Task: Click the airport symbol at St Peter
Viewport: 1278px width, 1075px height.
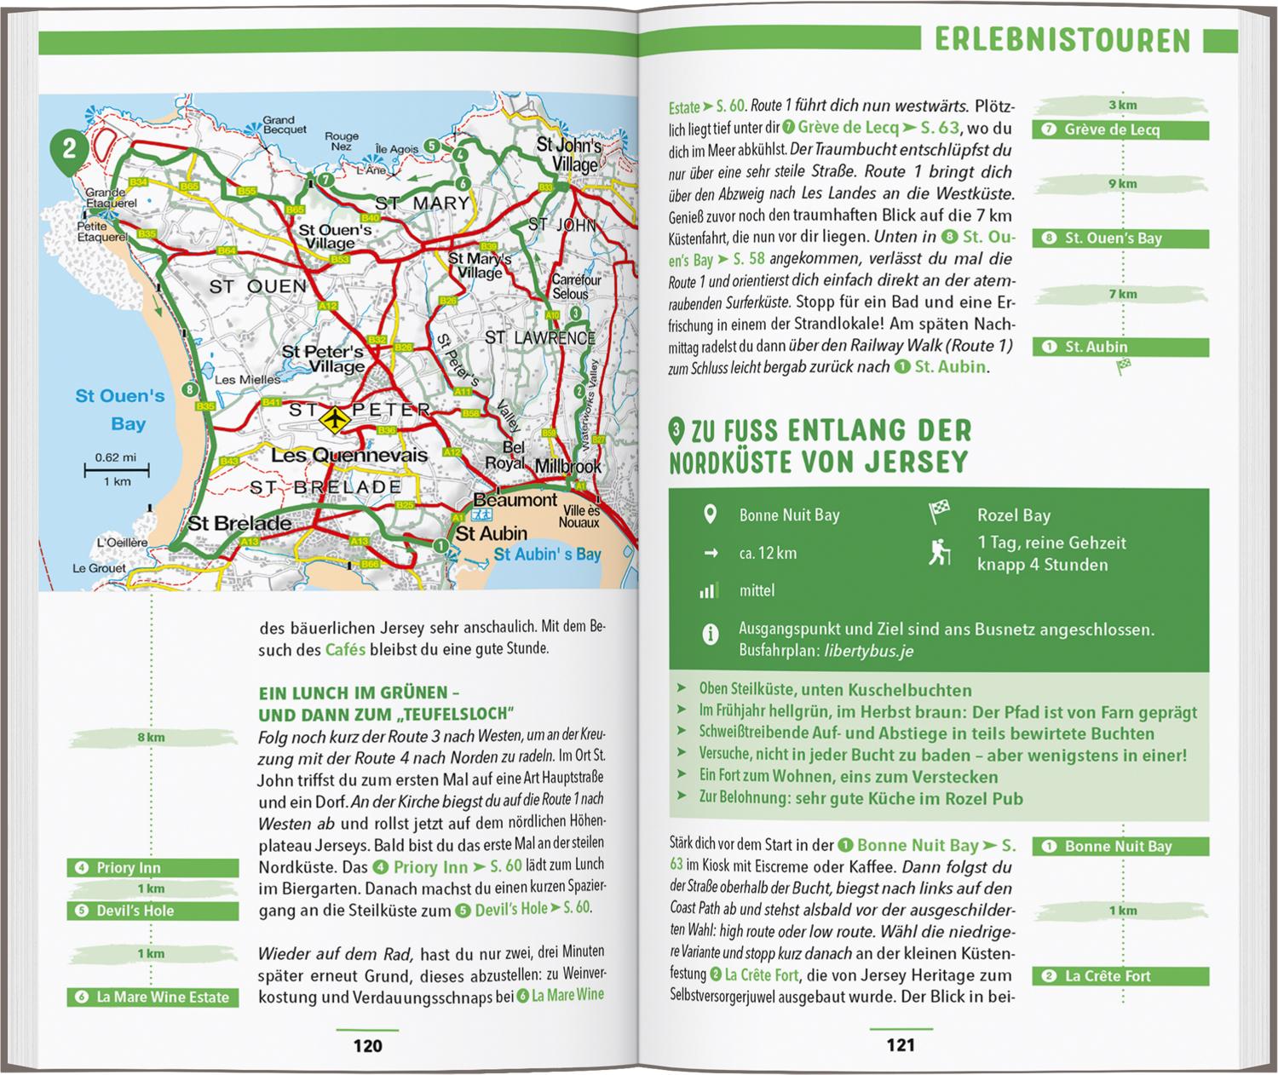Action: [x=334, y=417]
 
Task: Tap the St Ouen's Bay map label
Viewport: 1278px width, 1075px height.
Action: [x=120, y=410]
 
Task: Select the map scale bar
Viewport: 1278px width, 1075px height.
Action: [x=117, y=469]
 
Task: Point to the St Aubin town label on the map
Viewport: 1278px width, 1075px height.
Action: [x=492, y=534]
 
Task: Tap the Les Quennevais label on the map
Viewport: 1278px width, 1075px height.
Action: [x=349, y=456]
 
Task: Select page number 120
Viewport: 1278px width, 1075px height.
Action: [x=367, y=1045]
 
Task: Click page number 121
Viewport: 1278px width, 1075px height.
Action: [x=901, y=1045]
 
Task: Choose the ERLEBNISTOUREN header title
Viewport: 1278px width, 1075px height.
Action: [x=1062, y=41]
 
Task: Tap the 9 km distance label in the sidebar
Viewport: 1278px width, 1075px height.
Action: [x=1122, y=184]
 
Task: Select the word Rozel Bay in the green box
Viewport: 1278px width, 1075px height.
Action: [x=1013, y=515]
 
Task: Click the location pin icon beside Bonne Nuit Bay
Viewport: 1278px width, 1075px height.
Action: [x=709, y=515]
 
